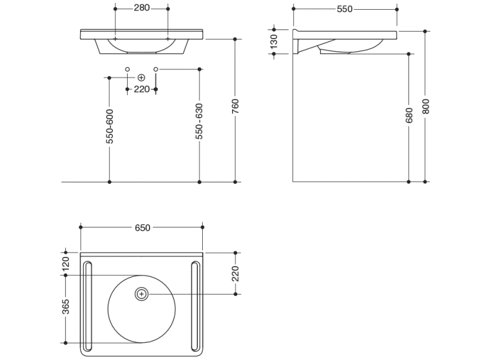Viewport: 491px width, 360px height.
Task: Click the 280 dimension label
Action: (x=142, y=9)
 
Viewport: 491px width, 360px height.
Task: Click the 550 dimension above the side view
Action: (x=344, y=9)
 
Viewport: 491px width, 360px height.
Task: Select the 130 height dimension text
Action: (x=274, y=41)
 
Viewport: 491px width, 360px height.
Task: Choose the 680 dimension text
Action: (x=409, y=115)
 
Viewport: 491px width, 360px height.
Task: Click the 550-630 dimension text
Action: (x=199, y=122)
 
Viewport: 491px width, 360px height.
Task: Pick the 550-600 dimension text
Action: (x=109, y=126)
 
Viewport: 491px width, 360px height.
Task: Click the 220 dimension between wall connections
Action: (x=142, y=89)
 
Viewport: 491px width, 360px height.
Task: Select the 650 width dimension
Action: (x=142, y=228)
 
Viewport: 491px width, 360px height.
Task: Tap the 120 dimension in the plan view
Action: (x=66, y=264)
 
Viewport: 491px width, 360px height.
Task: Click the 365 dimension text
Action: (x=66, y=309)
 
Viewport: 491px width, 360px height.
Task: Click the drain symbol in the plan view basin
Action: (x=142, y=294)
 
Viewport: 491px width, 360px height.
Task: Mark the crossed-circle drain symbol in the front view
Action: (x=142, y=77)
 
